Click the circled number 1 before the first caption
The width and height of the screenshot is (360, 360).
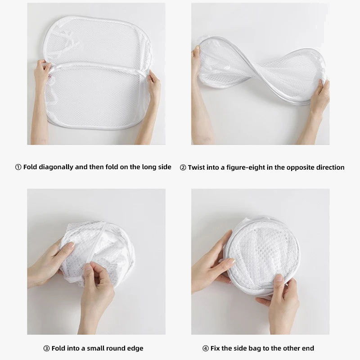coord(18,167)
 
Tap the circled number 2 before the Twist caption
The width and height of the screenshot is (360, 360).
coord(183,167)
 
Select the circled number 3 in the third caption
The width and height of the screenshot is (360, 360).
coord(46,348)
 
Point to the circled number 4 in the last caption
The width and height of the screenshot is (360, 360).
coord(206,348)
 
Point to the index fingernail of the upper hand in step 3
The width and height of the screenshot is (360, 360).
coord(71,245)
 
